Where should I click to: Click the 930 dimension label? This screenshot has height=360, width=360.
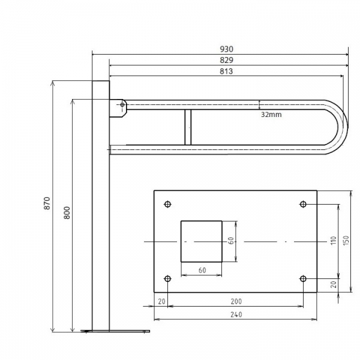coord(226,49)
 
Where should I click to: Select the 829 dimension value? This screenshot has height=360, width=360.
coord(226,60)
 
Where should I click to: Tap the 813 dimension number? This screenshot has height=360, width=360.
coord(226,71)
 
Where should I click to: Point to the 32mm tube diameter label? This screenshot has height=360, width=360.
coord(271,115)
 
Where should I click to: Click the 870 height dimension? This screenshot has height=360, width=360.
coord(47,203)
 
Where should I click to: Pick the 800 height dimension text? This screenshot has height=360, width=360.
coord(67,212)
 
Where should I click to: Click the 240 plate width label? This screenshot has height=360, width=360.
coord(236,314)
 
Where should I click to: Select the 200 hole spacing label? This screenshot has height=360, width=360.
coord(236,301)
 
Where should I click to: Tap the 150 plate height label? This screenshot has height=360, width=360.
coord(346,240)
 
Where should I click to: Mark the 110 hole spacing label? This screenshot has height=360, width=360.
coord(334,240)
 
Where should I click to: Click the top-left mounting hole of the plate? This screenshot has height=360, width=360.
coord(168,204)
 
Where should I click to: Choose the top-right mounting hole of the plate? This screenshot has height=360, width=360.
coord(303,204)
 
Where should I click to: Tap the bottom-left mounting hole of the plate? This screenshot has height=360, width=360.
coord(168,279)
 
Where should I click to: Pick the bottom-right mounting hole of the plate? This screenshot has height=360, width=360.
coord(303,279)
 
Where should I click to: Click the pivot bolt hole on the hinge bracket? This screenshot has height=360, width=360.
coord(122,104)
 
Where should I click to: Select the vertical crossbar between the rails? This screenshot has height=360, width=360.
coord(188,127)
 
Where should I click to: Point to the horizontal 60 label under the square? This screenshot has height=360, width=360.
coord(202,270)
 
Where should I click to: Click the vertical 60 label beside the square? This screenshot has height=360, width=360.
coord(231,241)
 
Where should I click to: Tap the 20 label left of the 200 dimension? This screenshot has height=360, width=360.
coord(161,301)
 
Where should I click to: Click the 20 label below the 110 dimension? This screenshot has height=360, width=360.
coord(334,284)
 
